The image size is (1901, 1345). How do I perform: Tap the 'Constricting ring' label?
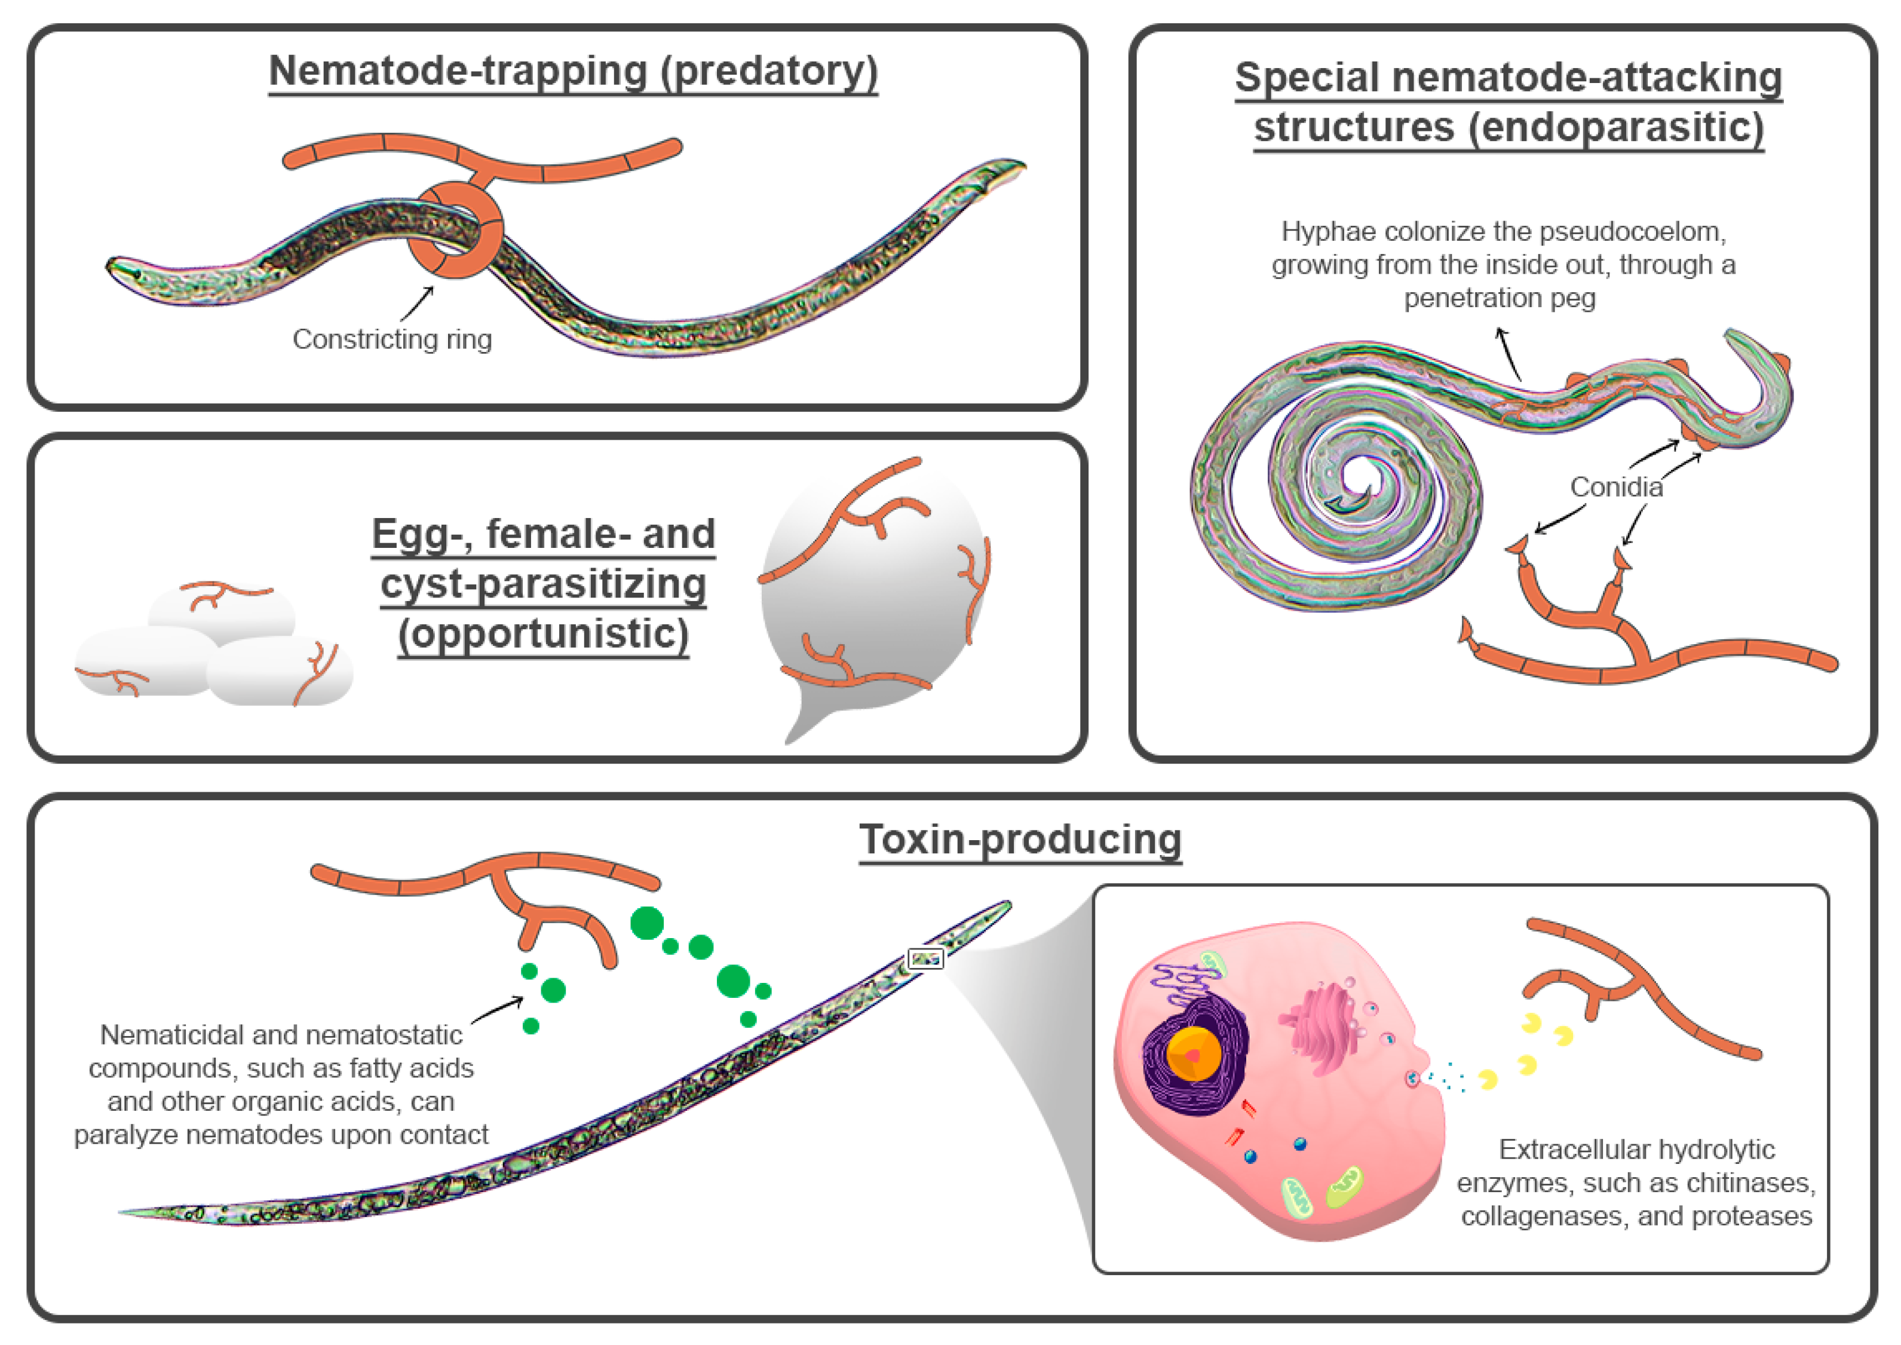point(392,339)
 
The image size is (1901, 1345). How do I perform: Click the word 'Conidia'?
point(1616,487)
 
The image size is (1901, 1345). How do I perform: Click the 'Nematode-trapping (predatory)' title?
point(573,71)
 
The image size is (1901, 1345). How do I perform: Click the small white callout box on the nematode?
point(925,959)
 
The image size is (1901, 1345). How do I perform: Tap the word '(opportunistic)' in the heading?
point(543,635)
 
